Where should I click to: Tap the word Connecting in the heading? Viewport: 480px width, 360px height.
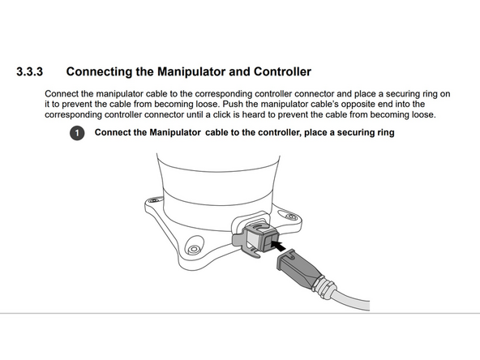pos(103,72)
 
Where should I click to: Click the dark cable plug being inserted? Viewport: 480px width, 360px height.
pos(298,267)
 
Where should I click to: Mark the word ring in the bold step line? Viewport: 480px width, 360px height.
pos(384,132)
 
